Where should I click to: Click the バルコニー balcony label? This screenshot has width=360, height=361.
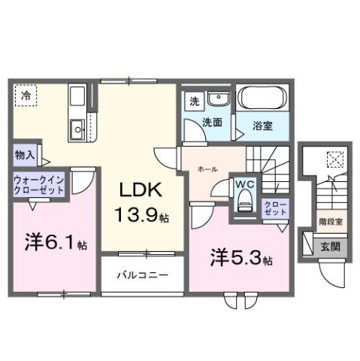point(141,275)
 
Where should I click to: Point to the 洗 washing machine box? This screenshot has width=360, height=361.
point(193,101)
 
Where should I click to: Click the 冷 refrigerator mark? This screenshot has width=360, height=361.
point(26,96)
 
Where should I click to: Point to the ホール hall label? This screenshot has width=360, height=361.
point(208,169)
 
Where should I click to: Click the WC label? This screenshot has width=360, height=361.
point(244,184)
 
